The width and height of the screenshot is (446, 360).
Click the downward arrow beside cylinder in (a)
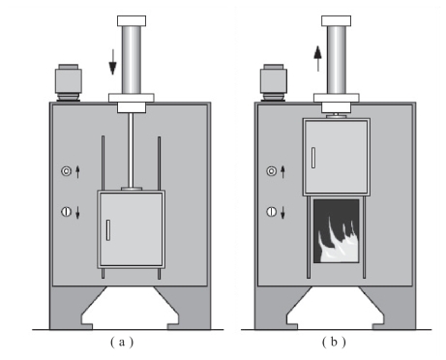pyautogui.click(x=112, y=62)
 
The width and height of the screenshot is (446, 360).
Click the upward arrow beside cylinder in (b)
pyautogui.click(x=318, y=58)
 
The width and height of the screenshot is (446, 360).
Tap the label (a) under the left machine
pyautogui.click(x=122, y=342)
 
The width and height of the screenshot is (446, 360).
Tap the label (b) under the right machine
pyautogui.click(x=334, y=342)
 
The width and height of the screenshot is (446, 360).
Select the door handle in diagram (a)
pyautogui.click(x=108, y=230)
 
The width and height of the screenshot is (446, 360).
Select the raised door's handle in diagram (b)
pyautogui.click(x=313, y=158)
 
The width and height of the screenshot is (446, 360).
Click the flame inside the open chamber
pyautogui.click(x=338, y=240)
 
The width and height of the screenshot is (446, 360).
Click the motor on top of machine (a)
pyautogui.click(x=69, y=82)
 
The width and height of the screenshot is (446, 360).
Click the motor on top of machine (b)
pyautogui.click(x=274, y=82)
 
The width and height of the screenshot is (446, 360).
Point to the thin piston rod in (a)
pyautogui.click(x=131, y=150)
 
